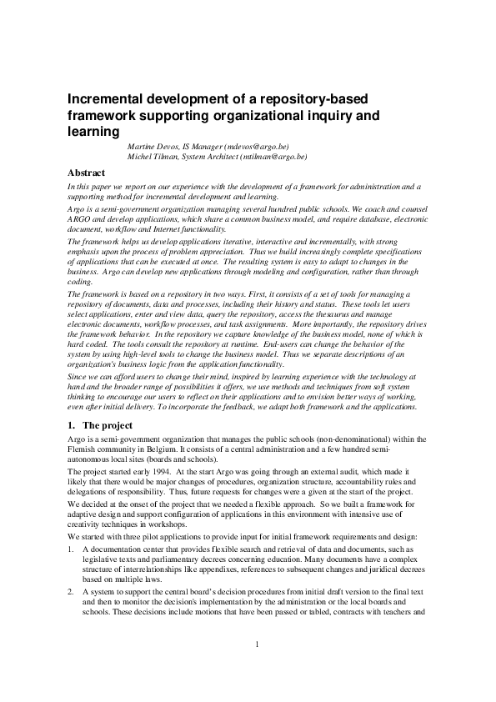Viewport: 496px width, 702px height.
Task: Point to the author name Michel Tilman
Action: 150,156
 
